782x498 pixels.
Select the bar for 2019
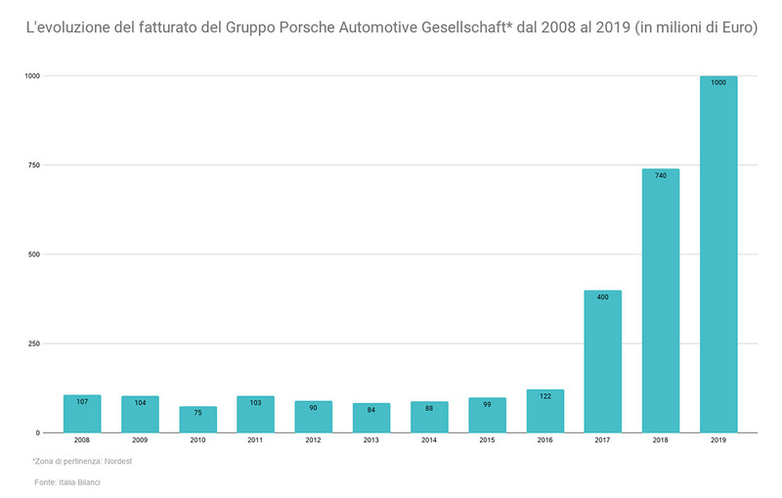click(x=718, y=254)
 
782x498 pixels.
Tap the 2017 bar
click(x=603, y=362)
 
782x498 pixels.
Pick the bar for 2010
click(x=197, y=420)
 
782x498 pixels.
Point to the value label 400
click(x=603, y=296)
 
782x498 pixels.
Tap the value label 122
click(x=545, y=396)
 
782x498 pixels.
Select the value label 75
click(x=197, y=413)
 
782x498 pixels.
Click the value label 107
click(x=82, y=401)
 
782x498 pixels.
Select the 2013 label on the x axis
click(x=371, y=441)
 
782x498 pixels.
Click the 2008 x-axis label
click(x=82, y=441)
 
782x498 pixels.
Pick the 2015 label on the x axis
click(x=487, y=441)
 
